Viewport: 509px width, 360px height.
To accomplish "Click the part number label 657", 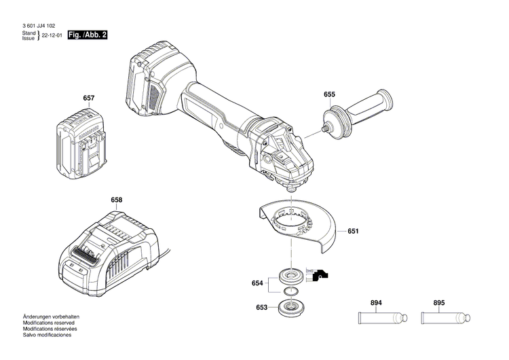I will [88, 99].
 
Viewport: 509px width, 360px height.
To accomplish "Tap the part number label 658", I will [117, 200].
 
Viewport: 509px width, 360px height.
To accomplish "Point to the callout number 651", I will [353, 231].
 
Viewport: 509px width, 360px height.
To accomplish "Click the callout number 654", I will [257, 283].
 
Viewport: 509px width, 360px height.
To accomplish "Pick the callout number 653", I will [261, 307].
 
